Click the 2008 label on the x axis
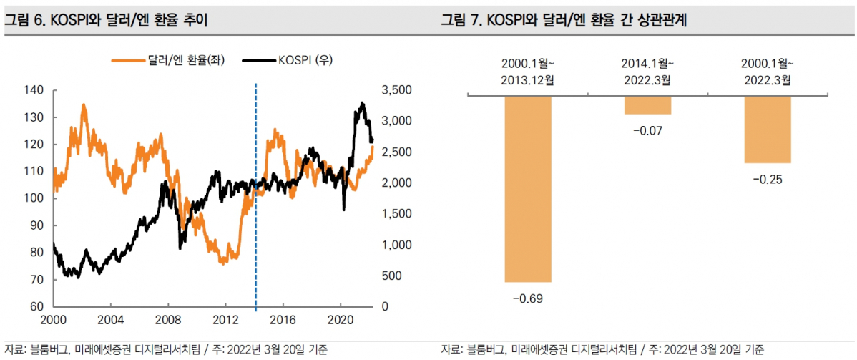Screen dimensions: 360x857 click(x=167, y=318)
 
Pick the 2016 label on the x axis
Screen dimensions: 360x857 click(x=283, y=318)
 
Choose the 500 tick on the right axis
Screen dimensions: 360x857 click(x=400, y=276)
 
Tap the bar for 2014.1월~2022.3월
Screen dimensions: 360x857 click(x=647, y=104)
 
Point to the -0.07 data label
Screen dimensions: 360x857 click(x=647, y=130)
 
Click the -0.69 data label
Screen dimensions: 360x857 click(x=527, y=298)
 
